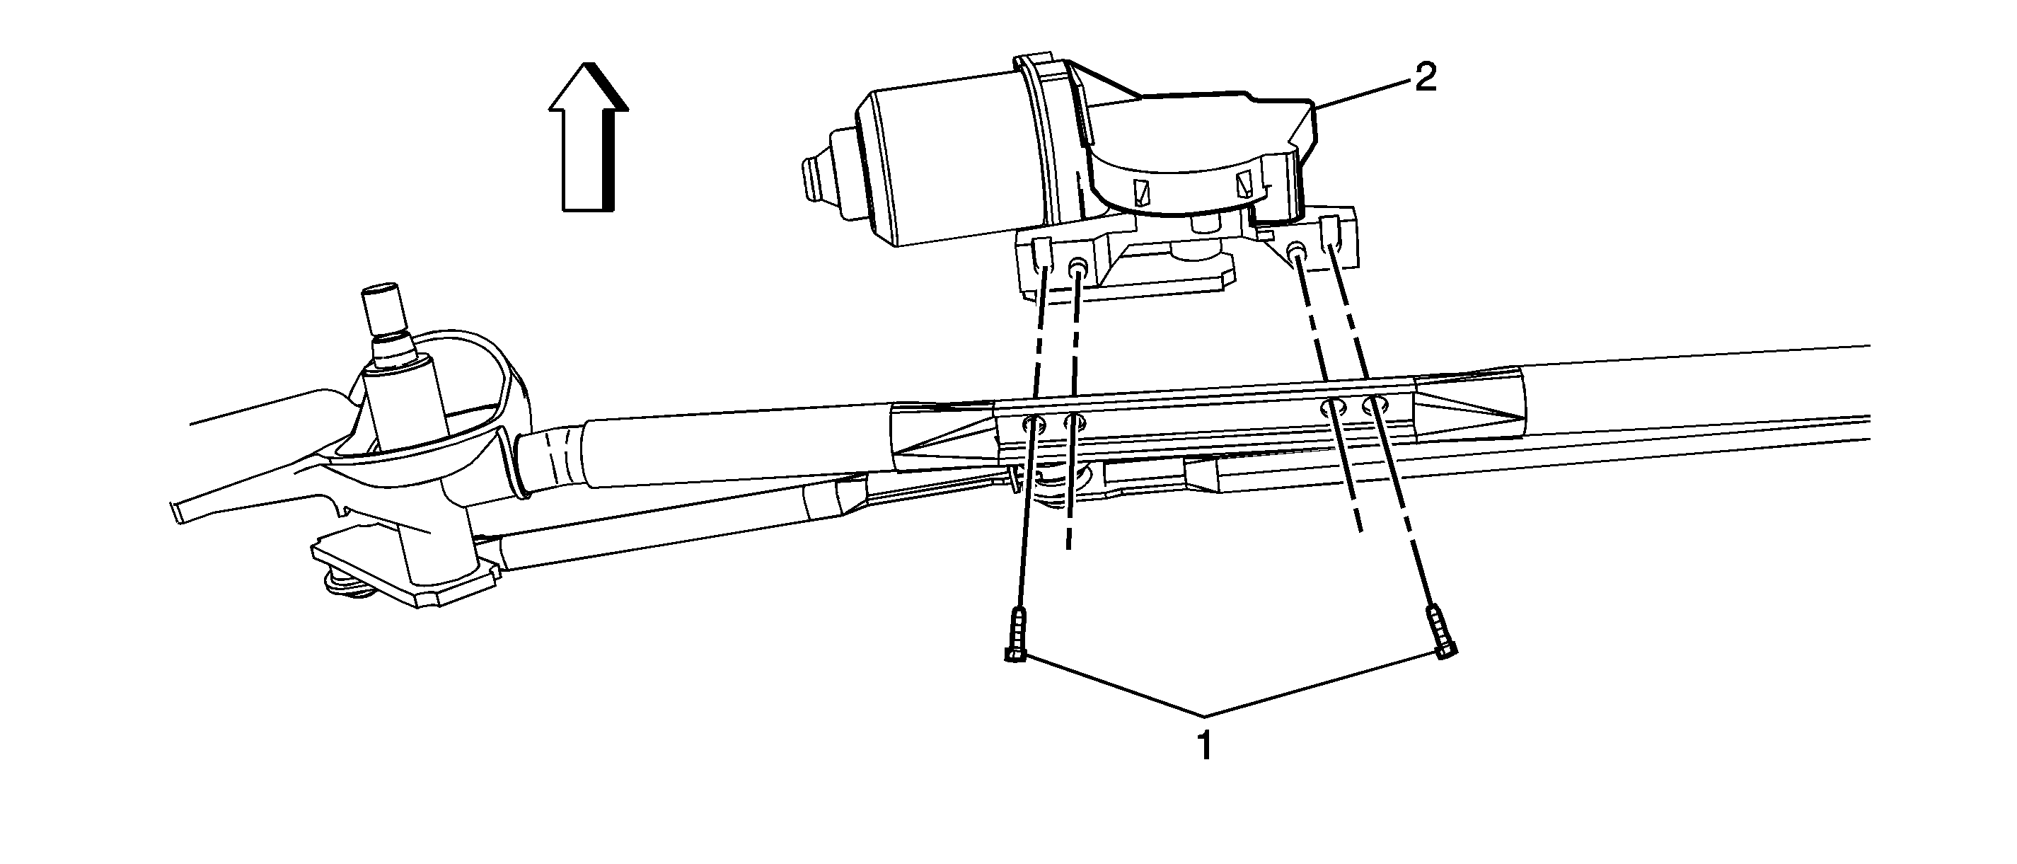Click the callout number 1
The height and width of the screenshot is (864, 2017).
pyautogui.click(x=1205, y=747)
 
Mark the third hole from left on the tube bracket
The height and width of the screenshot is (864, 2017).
pyautogui.click(x=1334, y=407)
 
